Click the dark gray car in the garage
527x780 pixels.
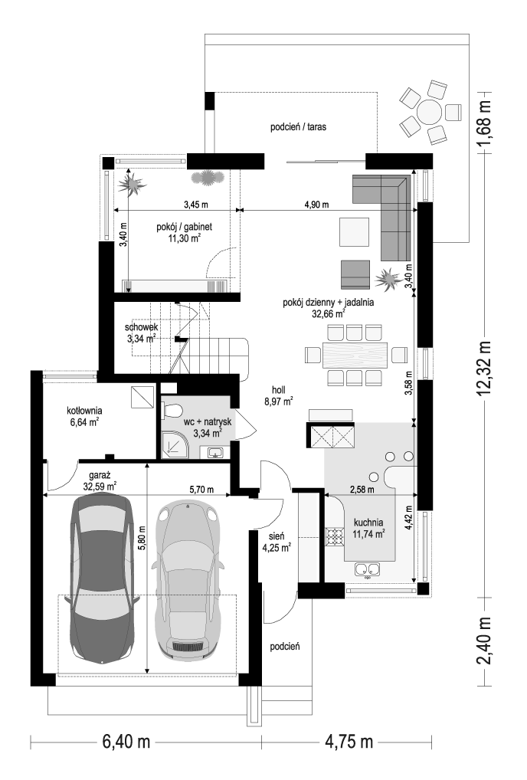[103, 578]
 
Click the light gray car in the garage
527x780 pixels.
[188, 580]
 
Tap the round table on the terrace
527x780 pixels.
[429, 113]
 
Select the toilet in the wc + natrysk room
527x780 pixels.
[171, 411]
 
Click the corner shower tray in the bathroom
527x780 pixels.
[175, 444]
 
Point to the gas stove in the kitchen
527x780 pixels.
[335, 537]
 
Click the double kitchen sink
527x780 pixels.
[368, 570]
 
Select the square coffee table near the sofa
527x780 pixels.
[355, 232]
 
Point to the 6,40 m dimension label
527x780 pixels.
[126, 742]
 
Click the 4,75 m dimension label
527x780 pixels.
[349, 742]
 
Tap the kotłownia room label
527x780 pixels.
[84, 411]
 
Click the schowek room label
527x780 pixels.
[141, 327]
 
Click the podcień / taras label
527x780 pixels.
[298, 127]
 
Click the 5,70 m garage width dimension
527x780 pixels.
[201, 490]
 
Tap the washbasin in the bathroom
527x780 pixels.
[215, 452]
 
